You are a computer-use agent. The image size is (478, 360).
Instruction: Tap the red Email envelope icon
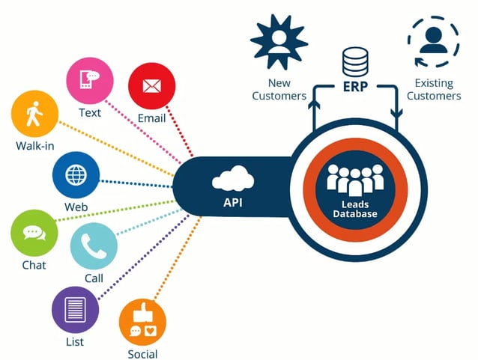pos(151,86)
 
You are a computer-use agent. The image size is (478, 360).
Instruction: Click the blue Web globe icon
pos(76,176)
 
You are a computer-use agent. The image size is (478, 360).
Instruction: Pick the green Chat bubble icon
pos(34,233)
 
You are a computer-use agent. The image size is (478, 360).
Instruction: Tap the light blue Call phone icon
pos(94,245)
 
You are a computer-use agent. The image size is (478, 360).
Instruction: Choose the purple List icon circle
pos(75,309)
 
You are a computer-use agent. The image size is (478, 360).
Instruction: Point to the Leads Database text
pos(354,209)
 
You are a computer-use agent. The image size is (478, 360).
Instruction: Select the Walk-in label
pos(34,145)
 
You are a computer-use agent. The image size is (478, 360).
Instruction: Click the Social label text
pos(142,353)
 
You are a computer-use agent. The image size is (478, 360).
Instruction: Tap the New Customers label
pos(279,89)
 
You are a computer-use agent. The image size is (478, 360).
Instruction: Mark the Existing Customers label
pos(433,89)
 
